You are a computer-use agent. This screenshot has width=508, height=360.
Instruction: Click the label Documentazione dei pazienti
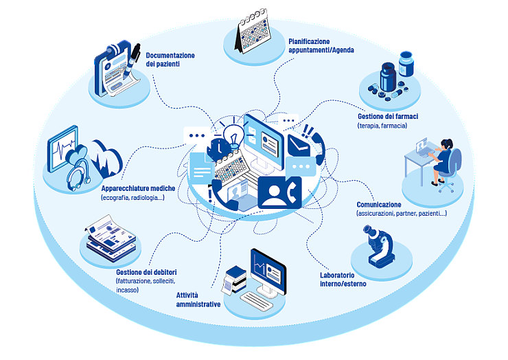coord(170,60)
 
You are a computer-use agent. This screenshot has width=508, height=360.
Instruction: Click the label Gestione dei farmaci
coord(388,117)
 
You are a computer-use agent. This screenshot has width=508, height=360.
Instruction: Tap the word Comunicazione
coord(379,205)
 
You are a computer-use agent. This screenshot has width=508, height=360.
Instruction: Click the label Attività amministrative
coord(198,300)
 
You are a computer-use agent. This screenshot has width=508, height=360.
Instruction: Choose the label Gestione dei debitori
coord(146,273)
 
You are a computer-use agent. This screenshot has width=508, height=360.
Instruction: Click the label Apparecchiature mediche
coord(138,188)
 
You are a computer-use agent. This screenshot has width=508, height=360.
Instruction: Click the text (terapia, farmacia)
coord(382,126)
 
